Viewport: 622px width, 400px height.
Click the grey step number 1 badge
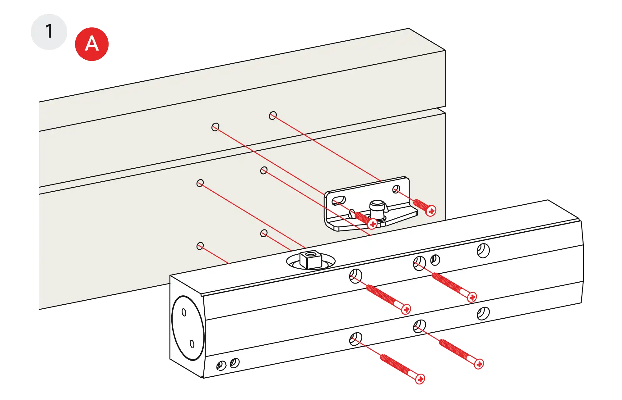[49, 31]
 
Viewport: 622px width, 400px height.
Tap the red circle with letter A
[92, 44]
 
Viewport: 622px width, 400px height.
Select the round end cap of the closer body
[188, 328]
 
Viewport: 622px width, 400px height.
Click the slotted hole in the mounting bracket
[339, 201]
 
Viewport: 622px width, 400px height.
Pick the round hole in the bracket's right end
[396, 189]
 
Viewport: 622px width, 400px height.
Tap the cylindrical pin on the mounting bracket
[378, 207]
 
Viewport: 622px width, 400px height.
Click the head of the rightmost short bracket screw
[431, 211]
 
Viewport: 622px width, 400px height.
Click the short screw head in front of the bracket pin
[372, 223]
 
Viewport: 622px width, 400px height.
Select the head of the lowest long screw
[420, 379]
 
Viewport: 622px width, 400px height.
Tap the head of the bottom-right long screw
[479, 364]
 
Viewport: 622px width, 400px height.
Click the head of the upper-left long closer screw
[406, 309]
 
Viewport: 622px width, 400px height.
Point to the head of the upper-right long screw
[472, 297]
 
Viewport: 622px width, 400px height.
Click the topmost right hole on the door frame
[273, 116]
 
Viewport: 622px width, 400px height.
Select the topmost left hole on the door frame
[215, 127]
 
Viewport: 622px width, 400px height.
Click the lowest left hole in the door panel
[200, 246]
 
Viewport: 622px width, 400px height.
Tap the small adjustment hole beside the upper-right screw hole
[435, 260]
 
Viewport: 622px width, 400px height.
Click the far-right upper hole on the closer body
[483, 251]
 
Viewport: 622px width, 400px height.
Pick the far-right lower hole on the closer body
[483, 313]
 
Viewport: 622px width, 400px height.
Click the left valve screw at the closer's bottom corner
[221, 366]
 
